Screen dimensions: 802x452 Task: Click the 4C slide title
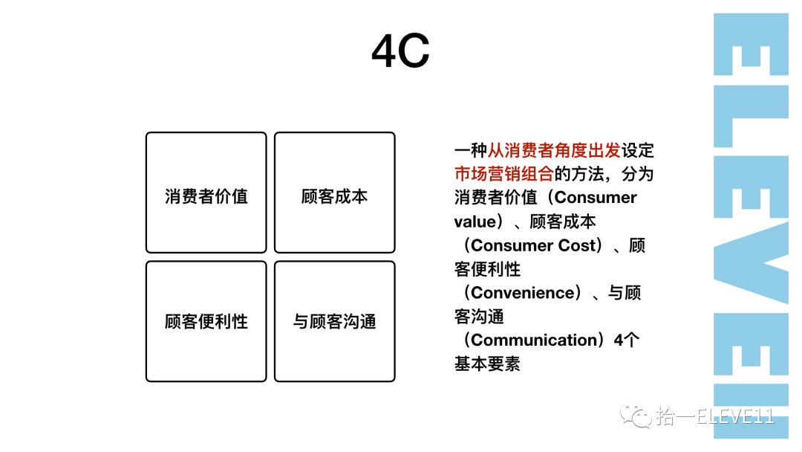(400, 51)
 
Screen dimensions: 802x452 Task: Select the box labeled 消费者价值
(206, 193)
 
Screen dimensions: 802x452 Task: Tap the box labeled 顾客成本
(334, 193)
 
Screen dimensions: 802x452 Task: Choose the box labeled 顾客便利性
(206, 321)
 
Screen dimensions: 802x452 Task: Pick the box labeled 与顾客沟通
(334, 321)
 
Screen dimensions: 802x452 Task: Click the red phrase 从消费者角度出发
(554, 150)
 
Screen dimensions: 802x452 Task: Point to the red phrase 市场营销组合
(504, 174)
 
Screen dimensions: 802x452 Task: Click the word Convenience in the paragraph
(523, 293)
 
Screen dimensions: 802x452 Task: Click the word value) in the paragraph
(477, 222)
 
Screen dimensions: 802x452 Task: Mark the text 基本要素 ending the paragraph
(487, 364)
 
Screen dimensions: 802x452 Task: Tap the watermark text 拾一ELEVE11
(715, 417)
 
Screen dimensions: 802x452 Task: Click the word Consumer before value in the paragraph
(596, 198)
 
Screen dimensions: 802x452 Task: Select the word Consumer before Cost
(512, 245)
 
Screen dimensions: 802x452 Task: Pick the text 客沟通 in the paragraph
(479, 317)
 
